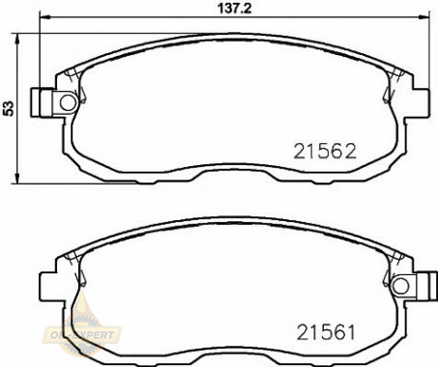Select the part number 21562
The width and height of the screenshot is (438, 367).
click(x=325, y=151)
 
